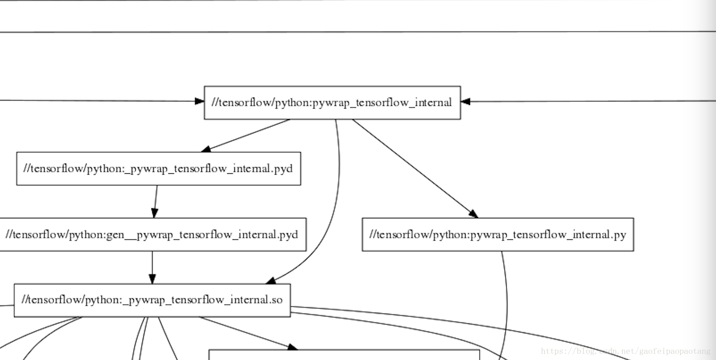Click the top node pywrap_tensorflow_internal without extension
point(332,103)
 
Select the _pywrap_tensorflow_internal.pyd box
point(158,168)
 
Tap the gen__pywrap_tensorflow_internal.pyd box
point(152,234)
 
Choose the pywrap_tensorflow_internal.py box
point(498,234)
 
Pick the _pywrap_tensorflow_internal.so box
point(152,300)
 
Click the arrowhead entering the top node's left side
point(200,101)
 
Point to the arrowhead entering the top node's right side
point(466,101)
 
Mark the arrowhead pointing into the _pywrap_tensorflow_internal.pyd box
point(206,149)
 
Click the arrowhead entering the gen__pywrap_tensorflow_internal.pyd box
point(154,213)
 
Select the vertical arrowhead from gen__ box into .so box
point(152,279)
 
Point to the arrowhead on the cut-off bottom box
point(292,347)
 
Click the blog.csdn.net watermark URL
point(625,352)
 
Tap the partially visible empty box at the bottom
point(344,356)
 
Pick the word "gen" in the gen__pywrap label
point(115,235)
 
